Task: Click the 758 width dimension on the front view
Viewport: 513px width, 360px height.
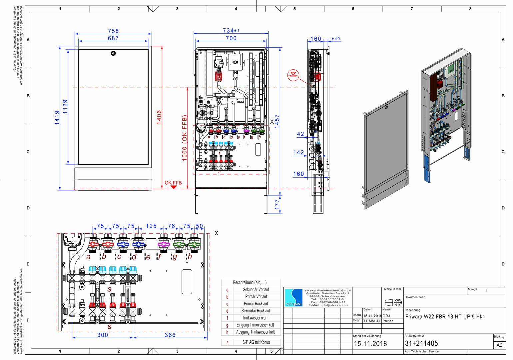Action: coord(113,31)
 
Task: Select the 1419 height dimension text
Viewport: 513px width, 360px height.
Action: coord(57,118)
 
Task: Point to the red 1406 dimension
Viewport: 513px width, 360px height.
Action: coord(159,117)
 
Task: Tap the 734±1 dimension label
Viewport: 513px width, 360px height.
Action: coord(231,31)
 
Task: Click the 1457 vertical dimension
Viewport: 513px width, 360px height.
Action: coord(277,121)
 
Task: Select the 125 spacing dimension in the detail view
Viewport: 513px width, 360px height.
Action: coord(151,226)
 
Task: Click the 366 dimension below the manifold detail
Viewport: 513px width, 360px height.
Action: coord(170,335)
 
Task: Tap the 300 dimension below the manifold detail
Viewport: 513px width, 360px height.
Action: coord(103,335)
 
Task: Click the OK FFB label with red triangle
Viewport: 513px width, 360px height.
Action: coord(173,184)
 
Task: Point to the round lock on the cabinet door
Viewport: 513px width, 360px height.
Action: coord(113,53)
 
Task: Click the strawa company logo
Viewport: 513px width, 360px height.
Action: coord(293,298)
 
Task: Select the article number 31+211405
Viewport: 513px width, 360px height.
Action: coord(421,343)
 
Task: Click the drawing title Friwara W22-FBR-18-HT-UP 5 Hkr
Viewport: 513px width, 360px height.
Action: coord(444,317)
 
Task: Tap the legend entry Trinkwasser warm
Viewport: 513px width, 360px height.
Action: coord(256,318)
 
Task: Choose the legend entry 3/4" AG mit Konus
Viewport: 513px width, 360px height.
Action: coord(256,342)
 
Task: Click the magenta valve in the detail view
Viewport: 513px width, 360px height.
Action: coord(164,244)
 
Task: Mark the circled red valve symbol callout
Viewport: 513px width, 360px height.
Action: coord(293,75)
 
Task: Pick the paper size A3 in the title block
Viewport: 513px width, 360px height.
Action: coord(499,345)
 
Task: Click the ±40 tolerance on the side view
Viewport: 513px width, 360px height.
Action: coord(335,39)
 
